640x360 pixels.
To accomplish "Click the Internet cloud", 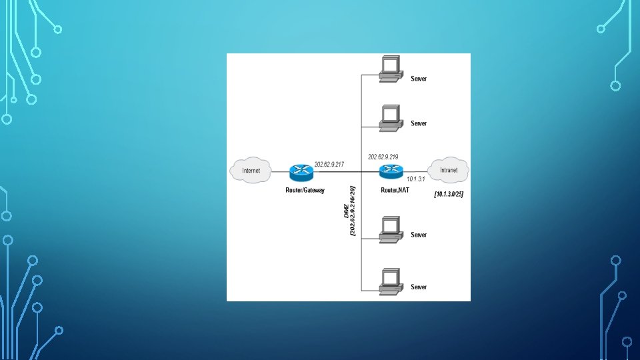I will pyautogui.click(x=251, y=170).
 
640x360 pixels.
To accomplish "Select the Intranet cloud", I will pyautogui.click(x=449, y=170).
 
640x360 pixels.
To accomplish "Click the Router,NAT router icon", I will pyautogui.click(x=390, y=171).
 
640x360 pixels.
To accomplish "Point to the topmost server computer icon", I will pyautogui.click(x=389, y=69).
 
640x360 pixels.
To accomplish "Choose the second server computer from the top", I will pyautogui.click(x=389, y=116).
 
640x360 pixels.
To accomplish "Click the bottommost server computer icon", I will pyautogui.click(x=389, y=279).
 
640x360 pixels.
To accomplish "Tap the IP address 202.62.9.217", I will pyautogui.click(x=329, y=163).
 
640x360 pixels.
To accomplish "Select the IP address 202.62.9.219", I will pyautogui.click(x=383, y=157).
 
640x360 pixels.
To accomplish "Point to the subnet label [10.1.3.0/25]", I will pyautogui.click(x=448, y=194).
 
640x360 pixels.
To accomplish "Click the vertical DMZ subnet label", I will pyautogui.click(x=350, y=211).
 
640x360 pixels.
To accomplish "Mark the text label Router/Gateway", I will pyautogui.click(x=304, y=190).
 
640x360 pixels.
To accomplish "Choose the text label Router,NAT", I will pyautogui.click(x=394, y=190).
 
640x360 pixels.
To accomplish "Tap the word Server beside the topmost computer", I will pyautogui.click(x=419, y=79).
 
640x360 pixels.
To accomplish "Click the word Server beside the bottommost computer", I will pyautogui.click(x=419, y=287).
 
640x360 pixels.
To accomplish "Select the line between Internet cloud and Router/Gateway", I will pyautogui.click(x=280, y=171).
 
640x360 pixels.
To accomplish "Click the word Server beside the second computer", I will pyautogui.click(x=419, y=123).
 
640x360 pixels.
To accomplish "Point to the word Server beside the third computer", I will pyautogui.click(x=419, y=235).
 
